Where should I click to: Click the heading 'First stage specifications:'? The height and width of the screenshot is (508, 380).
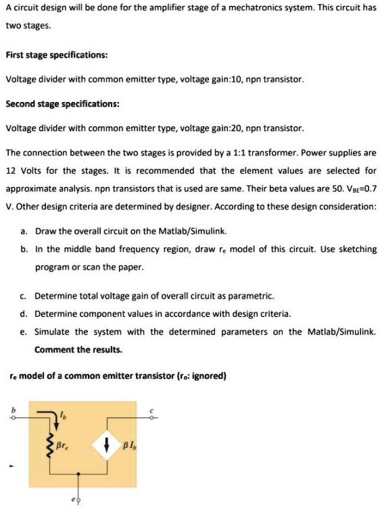coord(57,54)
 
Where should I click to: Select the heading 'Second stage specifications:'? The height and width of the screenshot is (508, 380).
coord(63,104)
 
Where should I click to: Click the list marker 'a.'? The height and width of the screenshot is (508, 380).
coord(24,231)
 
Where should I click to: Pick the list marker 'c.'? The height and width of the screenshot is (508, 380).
coord(24,296)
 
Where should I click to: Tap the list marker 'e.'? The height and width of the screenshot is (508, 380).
coord(24,332)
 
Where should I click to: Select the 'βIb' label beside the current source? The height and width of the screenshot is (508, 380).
coord(129,443)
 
